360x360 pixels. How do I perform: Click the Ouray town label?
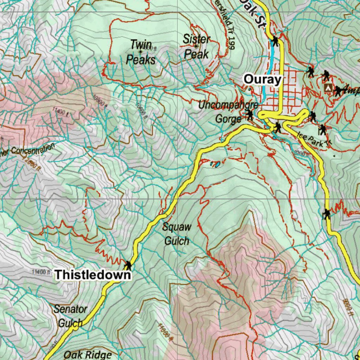(x=263, y=79)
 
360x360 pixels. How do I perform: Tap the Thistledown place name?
(x=93, y=275)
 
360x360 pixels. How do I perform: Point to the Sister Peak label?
(x=197, y=47)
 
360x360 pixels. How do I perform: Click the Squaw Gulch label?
(x=176, y=234)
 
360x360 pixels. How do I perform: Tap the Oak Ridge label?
(x=88, y=354)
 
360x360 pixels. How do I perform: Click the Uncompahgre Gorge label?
(x=229, y=111)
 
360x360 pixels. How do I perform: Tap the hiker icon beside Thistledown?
(x=128, y=265)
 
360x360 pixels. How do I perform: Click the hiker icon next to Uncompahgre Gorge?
(x=250, y=115)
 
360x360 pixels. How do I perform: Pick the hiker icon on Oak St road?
(x=275, y=41)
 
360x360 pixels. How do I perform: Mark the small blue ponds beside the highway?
(x=215, y=164)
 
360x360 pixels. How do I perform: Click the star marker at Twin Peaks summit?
(x=141, y=52)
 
